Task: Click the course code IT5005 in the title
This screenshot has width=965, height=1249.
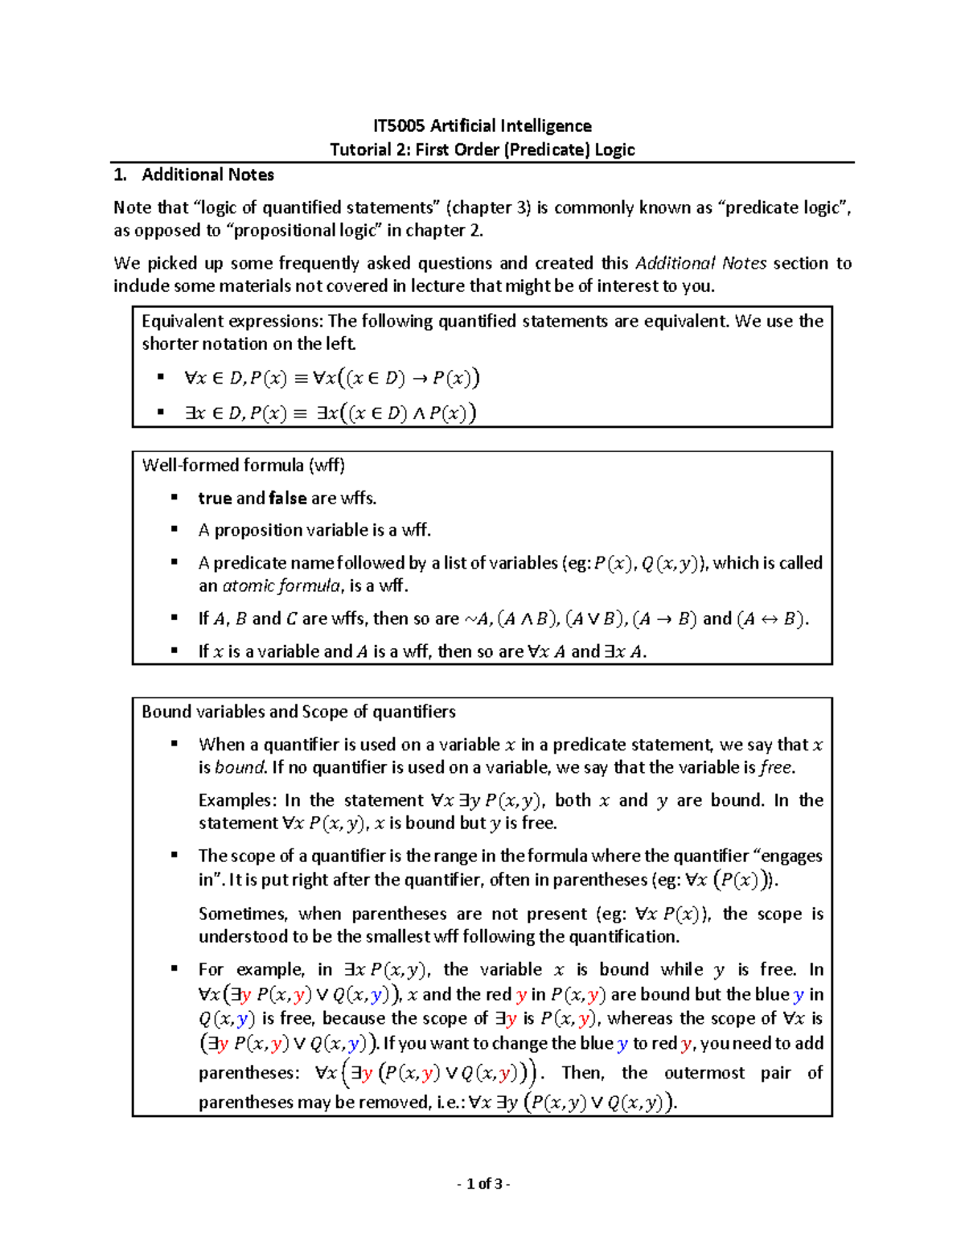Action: pos(399,126)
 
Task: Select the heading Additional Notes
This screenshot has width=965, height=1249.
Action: pos(207,175)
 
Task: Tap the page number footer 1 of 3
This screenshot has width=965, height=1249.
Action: pos(483,1183)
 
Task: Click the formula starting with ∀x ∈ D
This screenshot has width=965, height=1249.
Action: pos(331,378)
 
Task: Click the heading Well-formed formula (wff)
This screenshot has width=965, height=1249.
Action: pos(243,465)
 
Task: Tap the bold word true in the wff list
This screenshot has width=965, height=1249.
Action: pos(215,498)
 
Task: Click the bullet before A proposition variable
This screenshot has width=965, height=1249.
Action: pos(175,529)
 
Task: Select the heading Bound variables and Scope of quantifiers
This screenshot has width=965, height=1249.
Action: pos(298,712)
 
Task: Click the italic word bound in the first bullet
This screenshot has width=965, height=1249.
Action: pos(240,767)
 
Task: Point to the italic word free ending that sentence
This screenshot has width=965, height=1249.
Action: pos(775,767)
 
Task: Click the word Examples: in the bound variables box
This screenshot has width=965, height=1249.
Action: pos(237,800)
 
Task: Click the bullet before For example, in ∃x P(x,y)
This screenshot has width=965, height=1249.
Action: pos(175,968)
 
